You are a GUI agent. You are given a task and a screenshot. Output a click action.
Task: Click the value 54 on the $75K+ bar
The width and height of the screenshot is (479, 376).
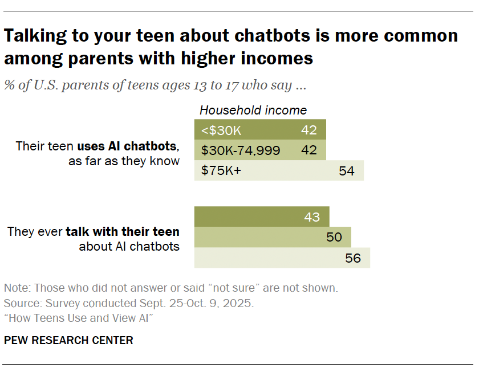click(x=346, y=171)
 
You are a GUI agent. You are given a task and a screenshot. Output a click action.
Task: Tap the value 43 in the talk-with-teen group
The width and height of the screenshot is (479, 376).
click(x=312, y=217)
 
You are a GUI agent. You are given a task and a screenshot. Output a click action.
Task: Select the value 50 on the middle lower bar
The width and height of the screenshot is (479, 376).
click(x=334, y=237)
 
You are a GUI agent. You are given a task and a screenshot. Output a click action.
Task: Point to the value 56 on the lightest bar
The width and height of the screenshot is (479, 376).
click(x=353, y=258)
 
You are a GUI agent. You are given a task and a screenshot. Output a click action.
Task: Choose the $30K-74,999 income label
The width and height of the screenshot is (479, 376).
click(x=241, y=150)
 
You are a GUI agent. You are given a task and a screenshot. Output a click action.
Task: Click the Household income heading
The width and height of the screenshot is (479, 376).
click(x=253, y=111)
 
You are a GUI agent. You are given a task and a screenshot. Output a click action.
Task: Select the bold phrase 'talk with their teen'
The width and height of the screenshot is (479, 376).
click(x=123, y=232)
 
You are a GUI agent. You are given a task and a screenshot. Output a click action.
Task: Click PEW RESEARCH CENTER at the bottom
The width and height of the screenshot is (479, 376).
click(x=68, y=341)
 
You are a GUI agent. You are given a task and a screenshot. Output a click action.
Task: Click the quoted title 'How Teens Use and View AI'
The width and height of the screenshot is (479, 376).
click(x=79, y=318)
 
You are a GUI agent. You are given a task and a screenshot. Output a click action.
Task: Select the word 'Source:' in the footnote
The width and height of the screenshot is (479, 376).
click(x=21, y=303)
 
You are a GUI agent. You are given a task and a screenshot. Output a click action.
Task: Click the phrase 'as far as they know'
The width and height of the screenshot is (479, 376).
click(x=124, y=161)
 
